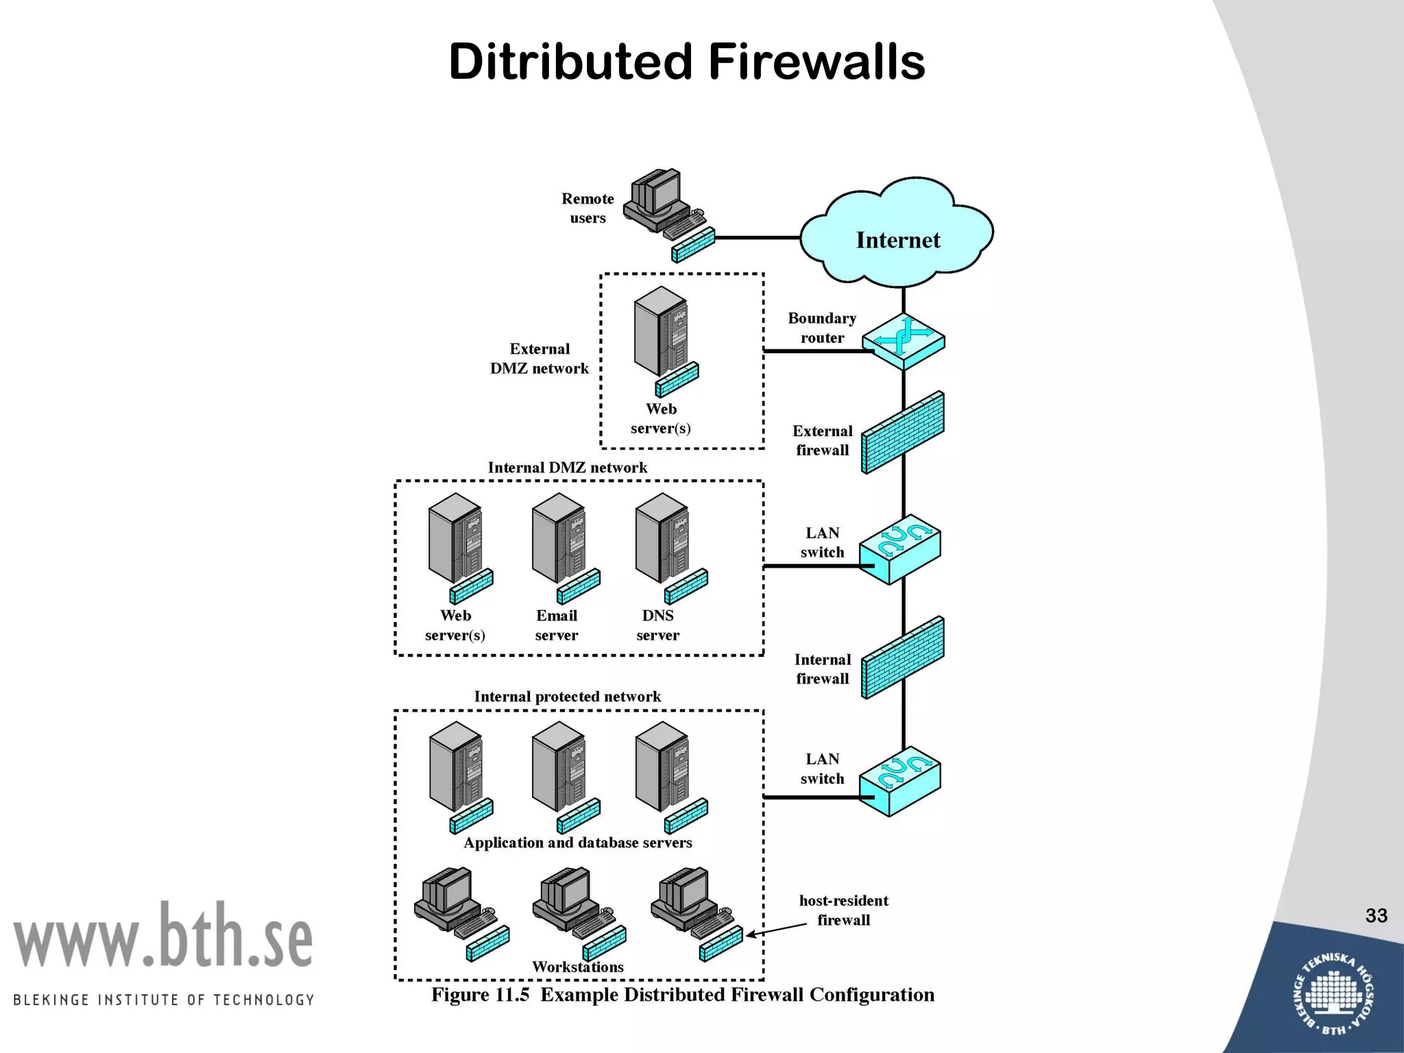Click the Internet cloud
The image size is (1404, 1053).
pos(897,233)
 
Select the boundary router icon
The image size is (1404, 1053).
pos(903,341)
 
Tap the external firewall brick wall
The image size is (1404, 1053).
pos(903,433)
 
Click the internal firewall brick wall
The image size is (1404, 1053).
pos(903,658)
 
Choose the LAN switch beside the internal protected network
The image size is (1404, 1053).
pos(900,781)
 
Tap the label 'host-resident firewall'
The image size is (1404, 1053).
pos(843,910)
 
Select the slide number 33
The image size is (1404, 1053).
pos(1376,915)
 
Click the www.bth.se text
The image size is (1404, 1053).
pos(163,936)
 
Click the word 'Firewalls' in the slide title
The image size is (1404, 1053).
pos(816,62)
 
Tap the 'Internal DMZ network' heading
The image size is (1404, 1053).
pos(567,468)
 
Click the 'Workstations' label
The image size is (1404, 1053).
pos(578,967)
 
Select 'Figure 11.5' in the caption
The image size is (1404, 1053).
pos(480,995)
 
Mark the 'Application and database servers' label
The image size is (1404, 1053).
pos(578,843)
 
